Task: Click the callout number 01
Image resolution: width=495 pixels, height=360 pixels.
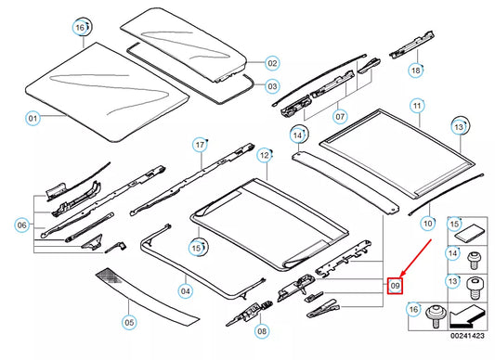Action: click(33, 119)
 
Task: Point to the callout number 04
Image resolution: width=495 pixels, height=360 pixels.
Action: click(186, 292)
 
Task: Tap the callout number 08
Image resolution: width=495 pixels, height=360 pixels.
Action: click(262, 329)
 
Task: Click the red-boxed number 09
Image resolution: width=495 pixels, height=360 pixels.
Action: click(395, 287)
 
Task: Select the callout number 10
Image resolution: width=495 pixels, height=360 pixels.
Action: click(427, 224)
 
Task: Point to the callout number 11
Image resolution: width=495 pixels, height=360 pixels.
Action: click(417, 106)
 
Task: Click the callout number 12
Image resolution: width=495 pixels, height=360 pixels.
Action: click(265, 155)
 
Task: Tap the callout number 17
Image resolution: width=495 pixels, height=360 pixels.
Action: click(199, 145)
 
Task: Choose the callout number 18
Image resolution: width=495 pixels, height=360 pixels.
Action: click(416, 70)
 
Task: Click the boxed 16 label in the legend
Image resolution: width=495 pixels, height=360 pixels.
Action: click(414, 308)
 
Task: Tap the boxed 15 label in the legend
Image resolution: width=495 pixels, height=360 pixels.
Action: click(455, 224)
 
